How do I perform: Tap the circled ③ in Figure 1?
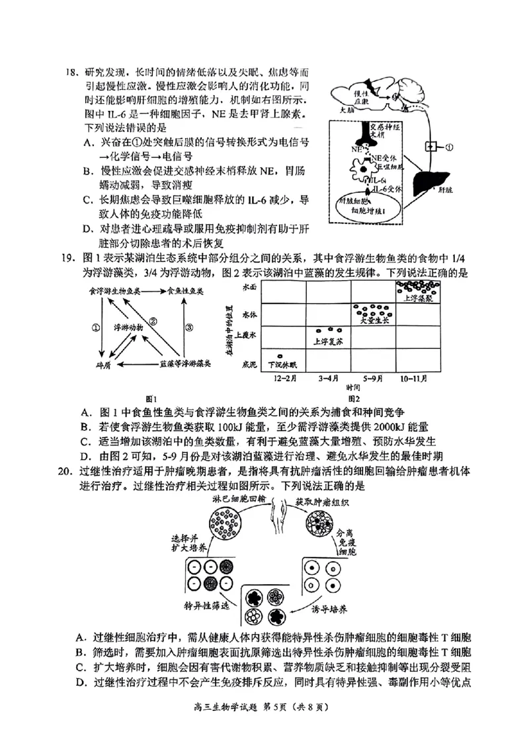point(189,326)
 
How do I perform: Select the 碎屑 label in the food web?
point(103,363)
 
